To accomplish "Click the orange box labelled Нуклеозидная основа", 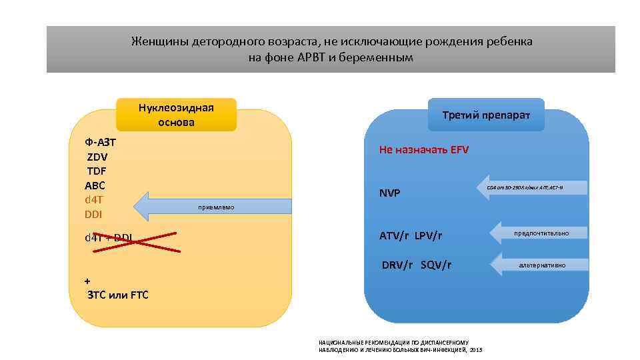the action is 176,115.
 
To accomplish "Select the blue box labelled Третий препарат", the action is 486,115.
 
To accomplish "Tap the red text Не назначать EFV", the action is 424,150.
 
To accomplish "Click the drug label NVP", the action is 389,193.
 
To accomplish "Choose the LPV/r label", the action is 428,236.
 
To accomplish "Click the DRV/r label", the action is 397,265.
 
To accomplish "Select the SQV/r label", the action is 436,265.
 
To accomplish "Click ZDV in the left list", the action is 97,157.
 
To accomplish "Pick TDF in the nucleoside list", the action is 97,171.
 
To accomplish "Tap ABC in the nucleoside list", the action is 95,185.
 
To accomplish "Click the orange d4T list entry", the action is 94,199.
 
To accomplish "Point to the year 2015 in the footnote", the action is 475,350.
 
